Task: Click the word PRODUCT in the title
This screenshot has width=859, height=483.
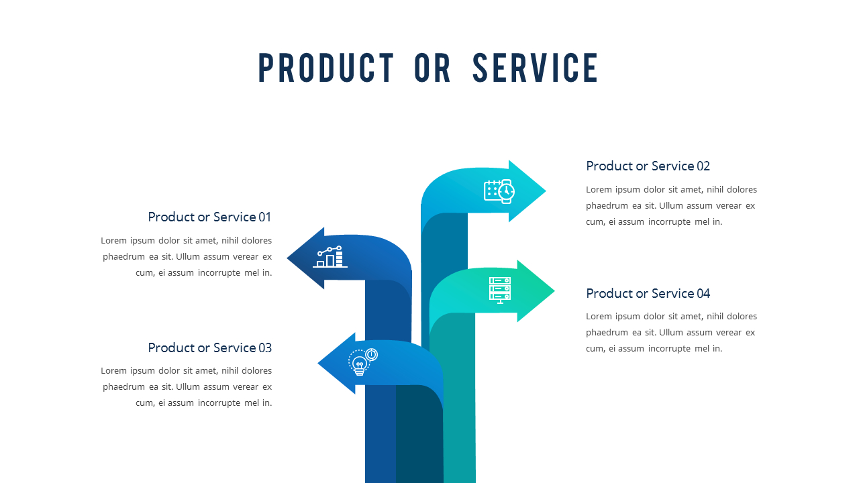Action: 326,68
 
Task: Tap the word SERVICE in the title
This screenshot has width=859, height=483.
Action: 536,68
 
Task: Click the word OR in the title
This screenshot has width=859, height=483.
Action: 433,68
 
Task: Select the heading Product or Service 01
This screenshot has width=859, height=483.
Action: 209,217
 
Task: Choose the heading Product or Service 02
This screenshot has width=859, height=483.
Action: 648,166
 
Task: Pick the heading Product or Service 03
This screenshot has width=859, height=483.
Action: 209,347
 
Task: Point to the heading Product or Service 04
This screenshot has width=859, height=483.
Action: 648,293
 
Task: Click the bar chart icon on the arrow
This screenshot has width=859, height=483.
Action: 330,257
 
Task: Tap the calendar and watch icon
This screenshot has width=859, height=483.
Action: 499,191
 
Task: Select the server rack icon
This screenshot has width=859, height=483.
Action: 500,290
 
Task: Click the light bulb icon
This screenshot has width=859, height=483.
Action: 362,362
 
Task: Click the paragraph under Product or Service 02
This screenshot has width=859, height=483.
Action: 671,205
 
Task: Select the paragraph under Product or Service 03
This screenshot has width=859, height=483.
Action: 187,386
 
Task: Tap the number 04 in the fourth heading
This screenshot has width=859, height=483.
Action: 703,293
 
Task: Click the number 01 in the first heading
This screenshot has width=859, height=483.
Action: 265,217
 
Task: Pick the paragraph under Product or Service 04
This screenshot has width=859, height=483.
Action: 671,332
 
